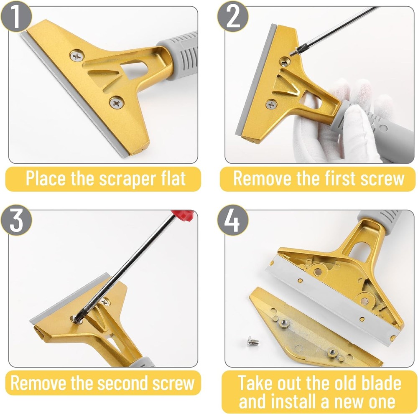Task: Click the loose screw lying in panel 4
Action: (x=252, y=342)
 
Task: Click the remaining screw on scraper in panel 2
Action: (x=272, y=104)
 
